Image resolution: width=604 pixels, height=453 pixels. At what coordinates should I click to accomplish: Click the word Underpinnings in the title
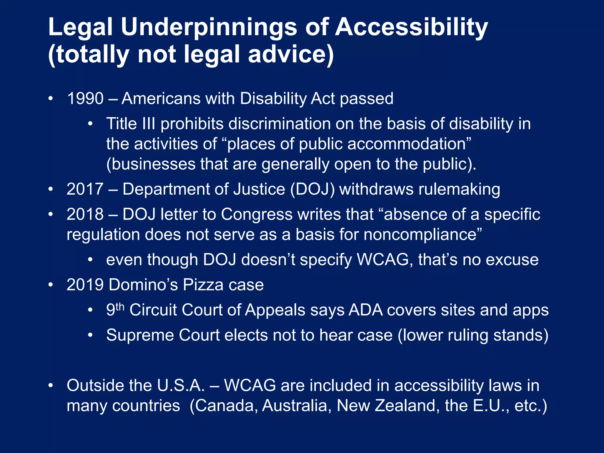209,27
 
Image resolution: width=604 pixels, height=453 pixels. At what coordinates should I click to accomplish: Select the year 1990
85,99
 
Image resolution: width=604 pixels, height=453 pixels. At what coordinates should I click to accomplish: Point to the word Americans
161,99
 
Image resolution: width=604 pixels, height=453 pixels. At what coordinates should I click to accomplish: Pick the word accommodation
408,144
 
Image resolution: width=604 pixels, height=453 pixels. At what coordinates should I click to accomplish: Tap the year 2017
85,189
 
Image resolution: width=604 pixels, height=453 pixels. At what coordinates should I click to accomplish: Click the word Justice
259,189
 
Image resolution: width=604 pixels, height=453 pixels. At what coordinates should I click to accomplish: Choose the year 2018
85,214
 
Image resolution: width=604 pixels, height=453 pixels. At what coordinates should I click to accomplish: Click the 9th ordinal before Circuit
115,309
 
